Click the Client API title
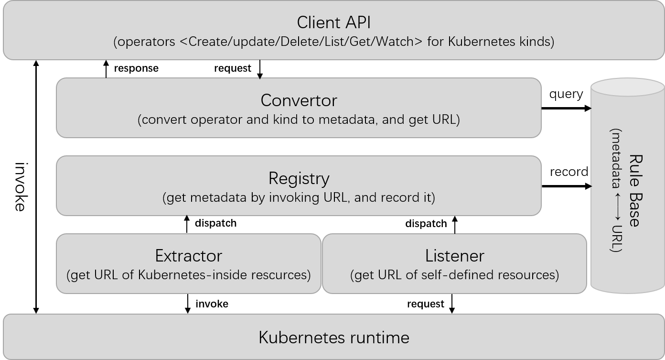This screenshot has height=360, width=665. [x=333, y=22]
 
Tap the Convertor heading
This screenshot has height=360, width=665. [x=299, y=100]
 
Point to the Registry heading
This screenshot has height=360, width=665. [x=299, y=178]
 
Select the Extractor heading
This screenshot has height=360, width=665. [x=188, y=256]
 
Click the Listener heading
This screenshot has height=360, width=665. [x=454, y=256]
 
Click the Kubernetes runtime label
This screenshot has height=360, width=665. [x=333, y=338]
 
